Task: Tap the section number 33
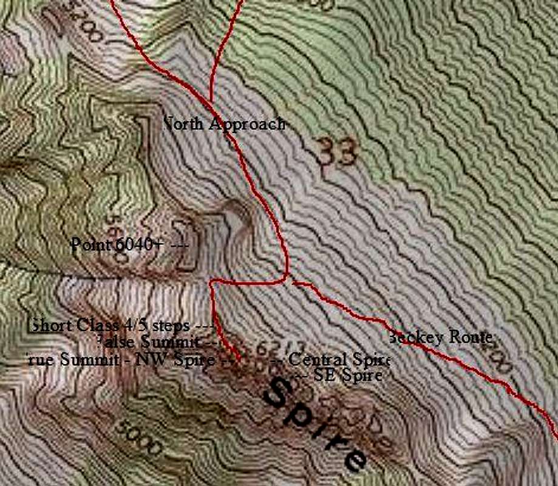tap(336, 152)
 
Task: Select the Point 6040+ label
tap(117, 245)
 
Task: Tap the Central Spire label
tap(338, 360)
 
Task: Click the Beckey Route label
tap(441, 337)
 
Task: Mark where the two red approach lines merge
tap(211, 102)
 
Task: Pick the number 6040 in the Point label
tap(132, 245)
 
